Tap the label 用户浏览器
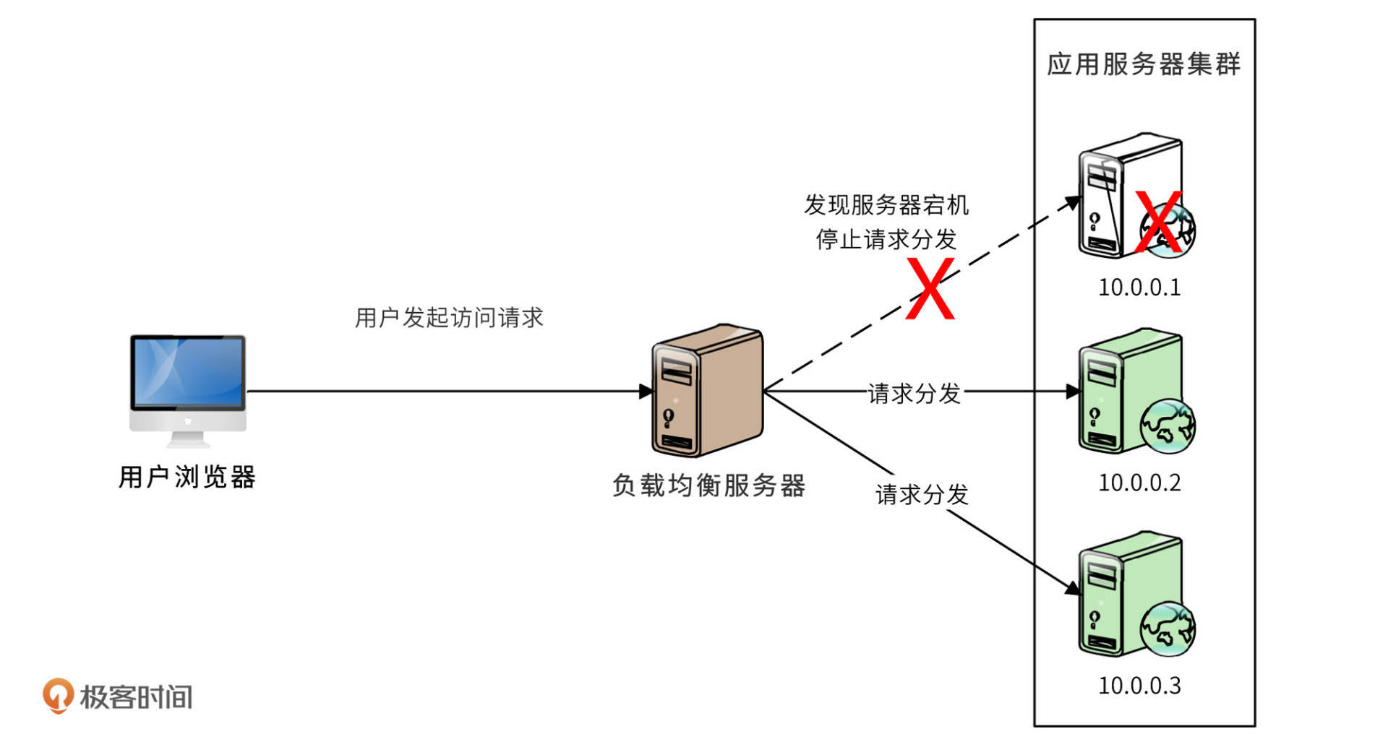click(187, 477)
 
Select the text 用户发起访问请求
click(449, 317)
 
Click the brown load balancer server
click(707, 390)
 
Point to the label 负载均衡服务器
click(708, 485)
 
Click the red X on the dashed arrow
click(930, 289)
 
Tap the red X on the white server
click(1159, 223)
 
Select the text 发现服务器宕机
click(886, 205)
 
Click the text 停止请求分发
click(886, 239)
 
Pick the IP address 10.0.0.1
click(1139, 288)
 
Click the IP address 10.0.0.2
click(1139, 483)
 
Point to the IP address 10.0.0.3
click(1139, 686)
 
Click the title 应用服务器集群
click(1144, 64)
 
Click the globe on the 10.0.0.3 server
click(1168, 629)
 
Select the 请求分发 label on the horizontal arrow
click(914, 394)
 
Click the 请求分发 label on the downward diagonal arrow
click(922, 495)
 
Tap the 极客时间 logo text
click(136, 697)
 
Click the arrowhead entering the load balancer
click(646, 392)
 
